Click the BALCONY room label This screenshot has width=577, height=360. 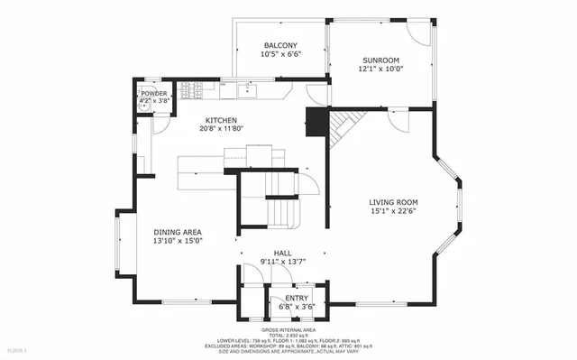click(x=280, y=45)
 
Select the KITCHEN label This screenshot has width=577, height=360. click(x=221, y=120)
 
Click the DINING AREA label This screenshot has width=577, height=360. click(x=178, y=231)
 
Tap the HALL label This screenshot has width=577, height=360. click(x=282, y=254)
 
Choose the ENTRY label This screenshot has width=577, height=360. click(x=296, y=298)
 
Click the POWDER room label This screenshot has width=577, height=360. click(x=153, y=93)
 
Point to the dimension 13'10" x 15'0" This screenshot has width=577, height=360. click(x=178, y=241)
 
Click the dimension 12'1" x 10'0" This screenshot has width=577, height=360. click(x=380, y=69)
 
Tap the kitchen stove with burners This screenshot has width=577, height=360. click(x=191, y=89)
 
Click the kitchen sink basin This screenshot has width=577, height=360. click(x=247, y=89)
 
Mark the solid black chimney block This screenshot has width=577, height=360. click(x=315, y=122)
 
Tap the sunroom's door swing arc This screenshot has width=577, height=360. click(x=417, y=32)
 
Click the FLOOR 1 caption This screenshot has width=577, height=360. click(x=17, y=349)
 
